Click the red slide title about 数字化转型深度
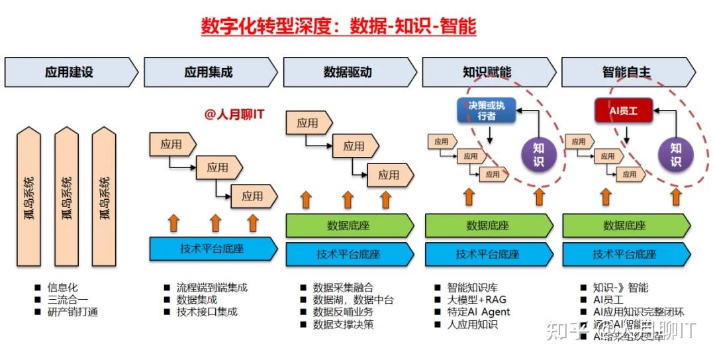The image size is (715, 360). [x=338, y=26]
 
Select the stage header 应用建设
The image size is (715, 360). [x=69, y=72]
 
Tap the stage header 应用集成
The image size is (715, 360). [x=209, y=72]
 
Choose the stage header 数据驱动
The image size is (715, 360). [x=348, y=72]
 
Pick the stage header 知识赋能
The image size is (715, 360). [x=487, y=72]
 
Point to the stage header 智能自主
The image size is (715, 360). [x=626, y=72]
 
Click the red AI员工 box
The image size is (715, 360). [x=622, y=110]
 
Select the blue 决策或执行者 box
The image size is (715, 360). [x=487, y=111]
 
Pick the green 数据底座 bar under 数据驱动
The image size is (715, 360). [x=348, y=226]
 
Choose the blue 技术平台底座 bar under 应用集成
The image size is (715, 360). [x=213, y=249]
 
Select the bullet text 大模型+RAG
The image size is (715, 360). [x=477, y=300]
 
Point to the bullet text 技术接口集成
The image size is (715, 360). [x=207, y=312]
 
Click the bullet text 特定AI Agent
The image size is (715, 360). [x=479, y=312]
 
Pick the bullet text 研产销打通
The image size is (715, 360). [x=72, y=312]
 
